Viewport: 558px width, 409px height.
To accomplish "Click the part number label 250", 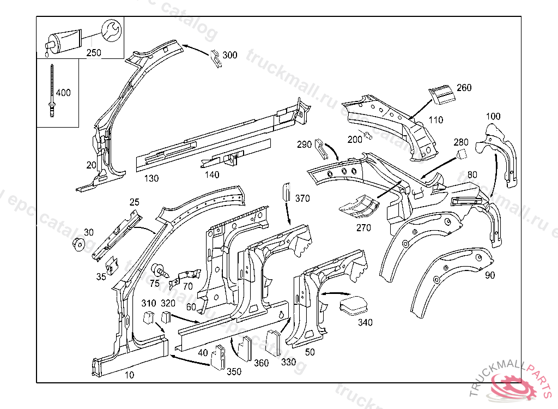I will click(x=94, y=52).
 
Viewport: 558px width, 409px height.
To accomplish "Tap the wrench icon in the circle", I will click(x=112, y=31).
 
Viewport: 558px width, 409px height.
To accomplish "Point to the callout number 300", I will click(x=230, y=55).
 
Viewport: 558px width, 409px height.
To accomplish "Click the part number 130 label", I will click(x=151, y=178).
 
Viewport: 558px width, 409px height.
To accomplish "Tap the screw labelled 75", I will click(x=159, y=269).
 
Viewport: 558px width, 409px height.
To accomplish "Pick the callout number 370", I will click(x=302, y=199).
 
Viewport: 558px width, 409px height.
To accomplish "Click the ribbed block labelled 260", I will click(x=442, y=94).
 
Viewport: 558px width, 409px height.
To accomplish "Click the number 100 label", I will click(x=493, y=116).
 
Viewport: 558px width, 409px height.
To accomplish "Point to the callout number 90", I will click(x=490, y=275).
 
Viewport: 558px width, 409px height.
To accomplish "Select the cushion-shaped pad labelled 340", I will click(x=353, y=305).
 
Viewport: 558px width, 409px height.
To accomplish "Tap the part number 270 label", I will click(x=363, y=228).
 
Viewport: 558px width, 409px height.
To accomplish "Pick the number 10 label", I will click(x=129, y=375).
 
